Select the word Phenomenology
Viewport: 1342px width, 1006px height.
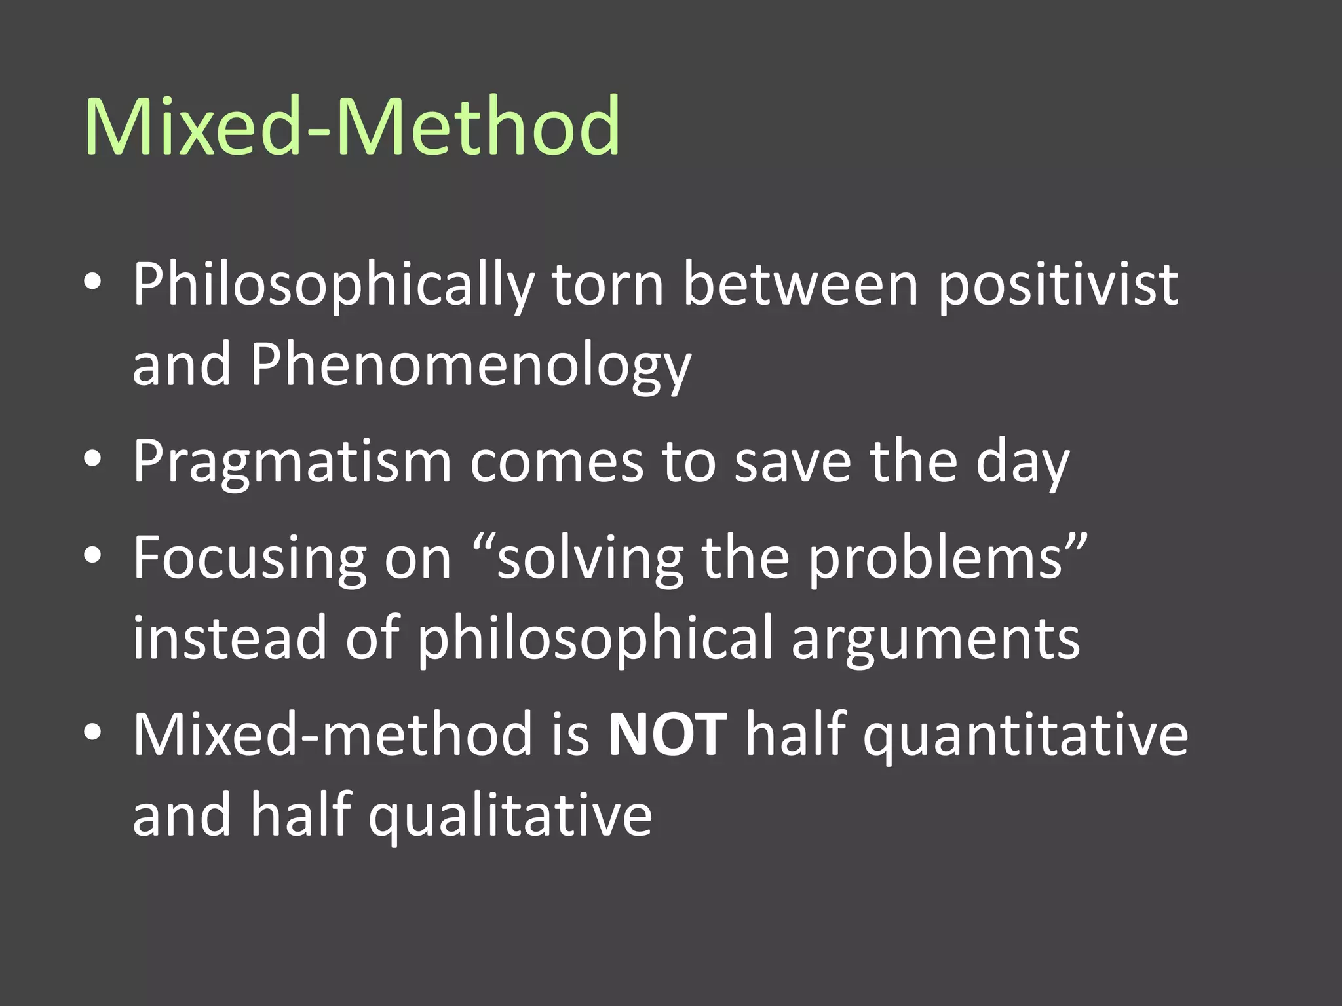coord(470,366)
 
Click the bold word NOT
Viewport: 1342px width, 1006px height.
coord(667,735)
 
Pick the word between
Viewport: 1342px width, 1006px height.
coord(801,285)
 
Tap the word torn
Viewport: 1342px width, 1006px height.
coord(607,285)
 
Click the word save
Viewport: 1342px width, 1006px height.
coord(793,462)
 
